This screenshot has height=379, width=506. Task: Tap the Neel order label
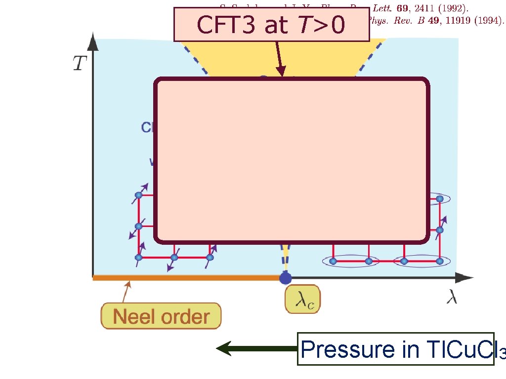161,316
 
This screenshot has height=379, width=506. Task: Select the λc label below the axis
302,300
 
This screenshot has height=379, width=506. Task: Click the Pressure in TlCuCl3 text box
395,349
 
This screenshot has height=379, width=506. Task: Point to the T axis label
80,63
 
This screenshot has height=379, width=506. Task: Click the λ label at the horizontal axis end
452,298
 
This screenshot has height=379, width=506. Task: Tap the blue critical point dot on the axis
285,278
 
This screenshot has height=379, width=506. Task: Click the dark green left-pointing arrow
257,348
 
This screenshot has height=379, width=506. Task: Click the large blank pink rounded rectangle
292,160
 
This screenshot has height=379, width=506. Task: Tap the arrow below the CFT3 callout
280,59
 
